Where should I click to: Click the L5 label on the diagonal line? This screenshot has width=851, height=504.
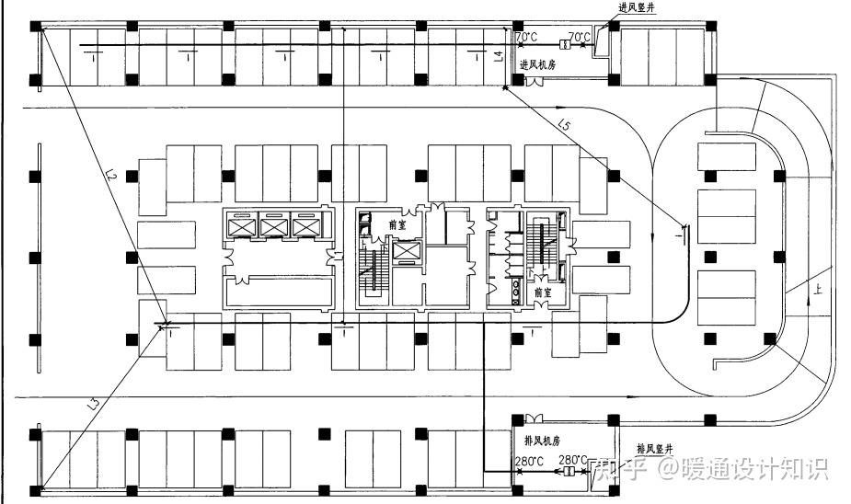click(564, 124)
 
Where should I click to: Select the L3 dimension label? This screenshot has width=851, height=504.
click(93, 401)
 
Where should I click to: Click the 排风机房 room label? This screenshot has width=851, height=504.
click(542, 441)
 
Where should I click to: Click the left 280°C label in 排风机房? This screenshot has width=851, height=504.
click(529, 460)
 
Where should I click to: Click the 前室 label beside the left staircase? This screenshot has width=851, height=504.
click(397, 223)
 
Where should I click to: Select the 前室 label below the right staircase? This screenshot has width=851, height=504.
click(543, 292)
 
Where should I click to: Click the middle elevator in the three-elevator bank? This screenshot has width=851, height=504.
click(274, 226)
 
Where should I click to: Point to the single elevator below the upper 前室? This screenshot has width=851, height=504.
click(404, 250)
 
